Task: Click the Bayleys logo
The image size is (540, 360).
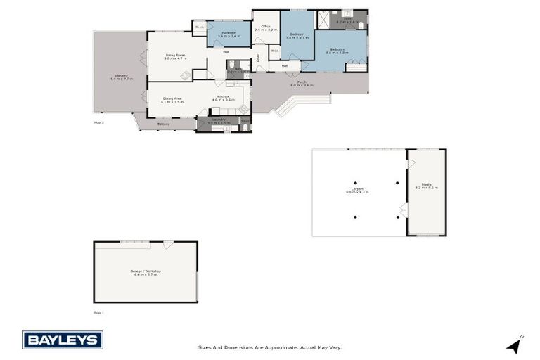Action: tap(63, 340)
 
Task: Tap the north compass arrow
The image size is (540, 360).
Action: tap(515, 345)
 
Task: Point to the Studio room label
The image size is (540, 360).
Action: tap(426, 186)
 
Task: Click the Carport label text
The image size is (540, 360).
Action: tap(357, 190)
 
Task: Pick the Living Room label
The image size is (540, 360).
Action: tap(174, 56)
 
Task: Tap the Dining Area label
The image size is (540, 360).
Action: tap(172, 100)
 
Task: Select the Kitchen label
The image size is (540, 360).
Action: tap(224, 97)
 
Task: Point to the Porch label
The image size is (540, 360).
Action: tap(301, 84)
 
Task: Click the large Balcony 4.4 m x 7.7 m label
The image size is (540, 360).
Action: tap(121, 77)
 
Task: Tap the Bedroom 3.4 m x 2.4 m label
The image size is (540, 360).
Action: tap(229, 34)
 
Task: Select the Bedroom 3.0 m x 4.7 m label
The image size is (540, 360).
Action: tap(297, 35)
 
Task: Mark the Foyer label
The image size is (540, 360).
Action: tap(258, 58)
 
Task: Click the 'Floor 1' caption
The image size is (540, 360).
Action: tap(98, 312)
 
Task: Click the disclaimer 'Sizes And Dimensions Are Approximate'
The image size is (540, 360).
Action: tap(269, 347)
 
